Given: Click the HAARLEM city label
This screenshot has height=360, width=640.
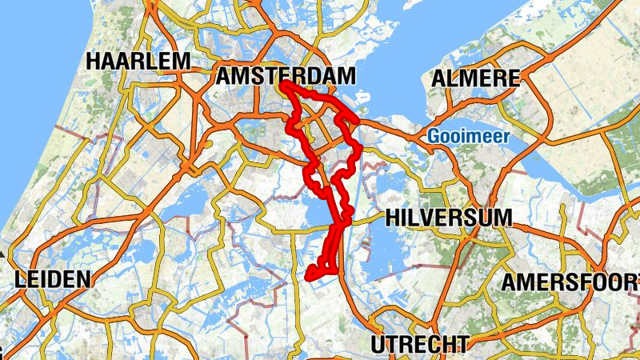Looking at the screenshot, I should (x=138, y=61).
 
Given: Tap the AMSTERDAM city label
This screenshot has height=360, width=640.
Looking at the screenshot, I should (x=286, y=76).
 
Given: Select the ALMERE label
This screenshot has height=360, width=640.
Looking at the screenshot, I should (x=475, y=78).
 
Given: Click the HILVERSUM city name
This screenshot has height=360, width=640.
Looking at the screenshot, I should (x=448, y=218).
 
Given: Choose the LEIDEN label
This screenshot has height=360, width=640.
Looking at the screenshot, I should (x=52, y=279).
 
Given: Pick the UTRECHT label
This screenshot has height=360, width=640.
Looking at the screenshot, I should (x=418, y=345).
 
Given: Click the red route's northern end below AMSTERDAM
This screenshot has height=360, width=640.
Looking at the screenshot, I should (x=285, y=83).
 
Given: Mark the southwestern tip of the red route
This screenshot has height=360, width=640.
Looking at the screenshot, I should (x=309, y=277).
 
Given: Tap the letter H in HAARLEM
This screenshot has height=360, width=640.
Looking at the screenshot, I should (x=95, y=61).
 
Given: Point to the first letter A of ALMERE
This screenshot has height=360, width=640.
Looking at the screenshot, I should (x=438, y=78).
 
